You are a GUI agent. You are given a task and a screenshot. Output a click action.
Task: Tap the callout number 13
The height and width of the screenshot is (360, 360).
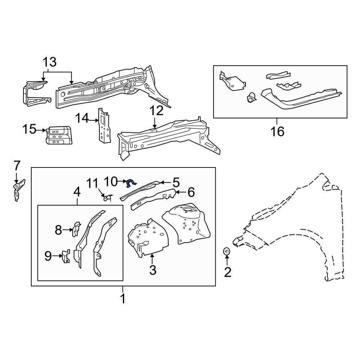coord(50,62)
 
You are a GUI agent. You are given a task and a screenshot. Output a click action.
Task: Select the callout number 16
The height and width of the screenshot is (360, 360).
coord(277,131)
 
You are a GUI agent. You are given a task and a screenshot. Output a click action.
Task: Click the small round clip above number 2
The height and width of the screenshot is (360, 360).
coord(227,251)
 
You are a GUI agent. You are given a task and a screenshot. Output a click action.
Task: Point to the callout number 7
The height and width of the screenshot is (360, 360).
coord(17,166)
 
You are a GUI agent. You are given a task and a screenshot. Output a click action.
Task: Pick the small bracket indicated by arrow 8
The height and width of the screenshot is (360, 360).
coord(76,229)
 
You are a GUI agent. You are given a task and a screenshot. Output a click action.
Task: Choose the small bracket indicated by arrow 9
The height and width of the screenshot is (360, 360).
coord(65,256)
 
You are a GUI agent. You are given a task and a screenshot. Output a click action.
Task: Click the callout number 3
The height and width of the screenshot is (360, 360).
coord(153,270)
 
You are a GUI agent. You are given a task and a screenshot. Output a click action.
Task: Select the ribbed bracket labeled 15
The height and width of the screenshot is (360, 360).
coord(58,135)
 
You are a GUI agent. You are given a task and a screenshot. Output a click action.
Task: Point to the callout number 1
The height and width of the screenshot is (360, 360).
coord(123,298)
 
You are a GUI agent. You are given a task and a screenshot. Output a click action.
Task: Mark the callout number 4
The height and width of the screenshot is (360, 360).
coord(77,192)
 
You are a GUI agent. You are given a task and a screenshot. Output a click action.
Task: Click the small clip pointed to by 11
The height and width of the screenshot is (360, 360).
coord(107,197)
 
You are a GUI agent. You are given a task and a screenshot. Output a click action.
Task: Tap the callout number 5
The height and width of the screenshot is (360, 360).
coord(175,182)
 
